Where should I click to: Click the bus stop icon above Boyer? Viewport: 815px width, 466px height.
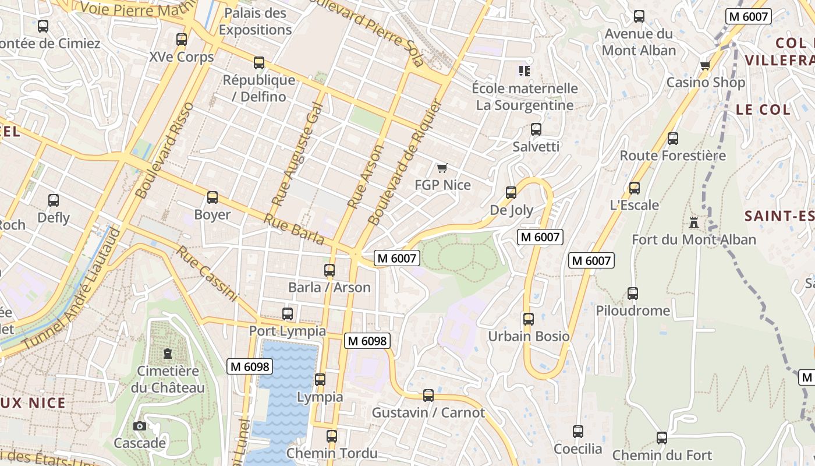click(212, 197)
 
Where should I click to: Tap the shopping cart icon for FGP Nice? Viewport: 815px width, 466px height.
click(442, 168)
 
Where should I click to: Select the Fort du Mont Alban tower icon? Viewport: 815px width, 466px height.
click(693, 222)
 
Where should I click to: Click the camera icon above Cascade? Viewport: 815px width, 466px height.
click(139, 426)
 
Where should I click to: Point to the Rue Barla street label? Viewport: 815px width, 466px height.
click(294, 229)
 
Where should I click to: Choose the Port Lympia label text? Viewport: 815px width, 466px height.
click(288, 331)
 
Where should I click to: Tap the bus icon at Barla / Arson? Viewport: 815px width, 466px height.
click(329, 270)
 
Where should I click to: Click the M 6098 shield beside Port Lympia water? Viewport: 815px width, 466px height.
click(250, 366)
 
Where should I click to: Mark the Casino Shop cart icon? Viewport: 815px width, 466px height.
click(706, 65)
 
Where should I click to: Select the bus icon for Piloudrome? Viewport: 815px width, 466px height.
click(633, 294)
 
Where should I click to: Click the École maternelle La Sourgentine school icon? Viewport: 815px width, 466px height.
click(525, 71)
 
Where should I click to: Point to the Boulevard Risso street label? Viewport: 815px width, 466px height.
click(164, 150)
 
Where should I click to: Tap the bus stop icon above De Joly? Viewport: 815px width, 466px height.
click(511, 193)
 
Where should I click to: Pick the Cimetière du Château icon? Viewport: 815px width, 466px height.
click(168, 354)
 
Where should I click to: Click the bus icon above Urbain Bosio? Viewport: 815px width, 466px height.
click(529, 319)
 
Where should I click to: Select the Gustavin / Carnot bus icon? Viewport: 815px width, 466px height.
click(428, 396)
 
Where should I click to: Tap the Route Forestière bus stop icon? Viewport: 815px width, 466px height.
click(673, 139)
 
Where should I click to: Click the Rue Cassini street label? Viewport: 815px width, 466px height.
click(207, 274)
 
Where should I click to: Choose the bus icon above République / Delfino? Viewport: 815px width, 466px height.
click(259, 63)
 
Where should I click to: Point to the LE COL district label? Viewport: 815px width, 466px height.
click(763, 110)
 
